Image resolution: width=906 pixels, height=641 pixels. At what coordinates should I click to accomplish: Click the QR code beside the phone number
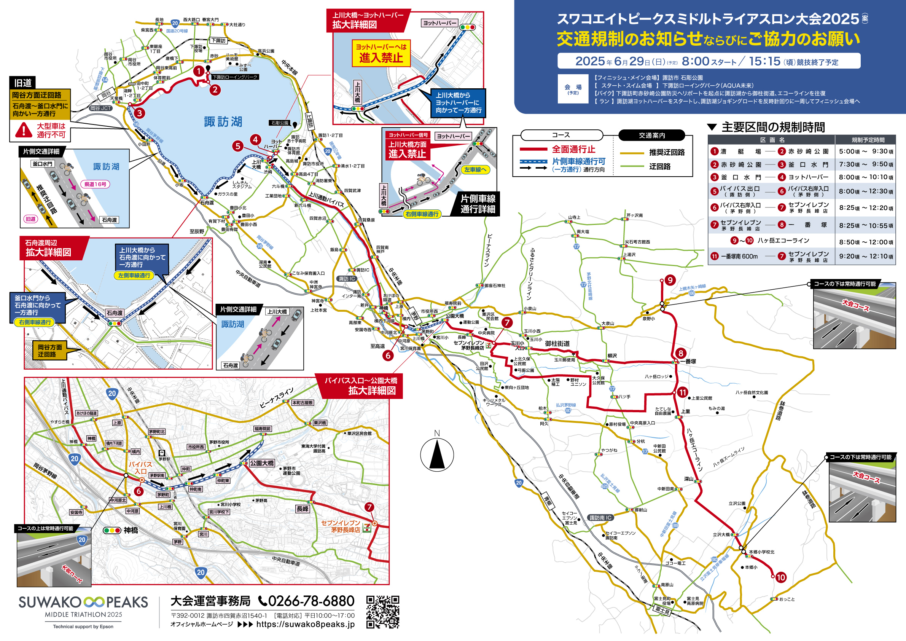(382, 612)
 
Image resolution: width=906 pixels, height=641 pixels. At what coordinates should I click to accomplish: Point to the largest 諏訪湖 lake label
(223, 122)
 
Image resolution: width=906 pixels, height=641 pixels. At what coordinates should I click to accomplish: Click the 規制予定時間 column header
(868, 140)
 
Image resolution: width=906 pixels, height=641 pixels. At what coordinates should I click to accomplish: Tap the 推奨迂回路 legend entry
(667, 153)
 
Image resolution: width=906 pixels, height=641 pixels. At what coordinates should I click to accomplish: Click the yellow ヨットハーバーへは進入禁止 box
(381, 53)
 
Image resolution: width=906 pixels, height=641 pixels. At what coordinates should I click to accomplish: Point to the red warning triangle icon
(23, 130)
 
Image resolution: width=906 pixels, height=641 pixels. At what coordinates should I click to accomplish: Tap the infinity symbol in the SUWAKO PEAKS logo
(94, 602)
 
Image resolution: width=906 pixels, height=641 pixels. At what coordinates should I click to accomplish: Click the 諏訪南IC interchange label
(600, 518)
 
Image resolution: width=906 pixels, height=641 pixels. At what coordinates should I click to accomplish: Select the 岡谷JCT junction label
(100, 108)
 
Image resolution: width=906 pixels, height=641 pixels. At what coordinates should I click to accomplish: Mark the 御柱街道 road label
(557, 344)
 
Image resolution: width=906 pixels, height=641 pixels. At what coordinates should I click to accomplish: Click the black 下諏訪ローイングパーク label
(235, 77)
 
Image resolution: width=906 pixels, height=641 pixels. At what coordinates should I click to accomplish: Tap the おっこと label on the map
(787, 599)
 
